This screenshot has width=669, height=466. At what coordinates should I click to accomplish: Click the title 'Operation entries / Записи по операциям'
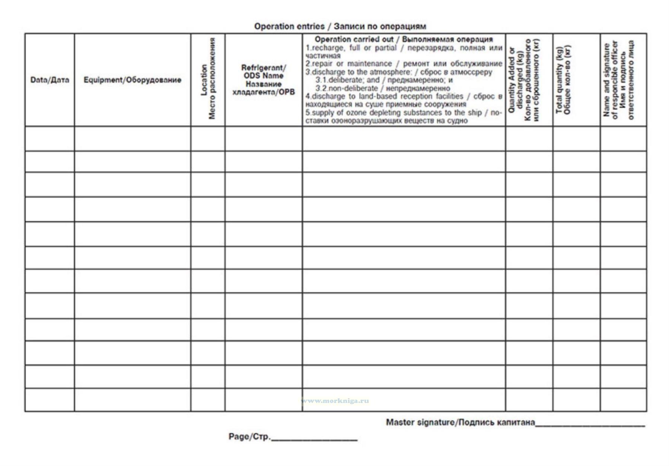tap(340, 26)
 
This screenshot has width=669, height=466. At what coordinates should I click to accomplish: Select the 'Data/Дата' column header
tap(50, 80)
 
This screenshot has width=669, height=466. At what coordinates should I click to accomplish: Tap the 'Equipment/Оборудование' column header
tap(132, 80)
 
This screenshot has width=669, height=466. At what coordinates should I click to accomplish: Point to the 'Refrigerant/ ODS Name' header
tap(264, 72)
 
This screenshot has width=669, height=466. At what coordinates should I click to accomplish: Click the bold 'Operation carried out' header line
tap(404, 39)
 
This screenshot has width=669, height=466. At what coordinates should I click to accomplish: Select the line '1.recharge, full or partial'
tap(404, 48)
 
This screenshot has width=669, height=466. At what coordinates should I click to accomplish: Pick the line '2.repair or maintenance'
tap(404, 64)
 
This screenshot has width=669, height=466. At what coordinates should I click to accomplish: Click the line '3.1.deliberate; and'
tap(384, 80)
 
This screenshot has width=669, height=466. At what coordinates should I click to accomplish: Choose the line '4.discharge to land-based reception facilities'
tap(404, 97)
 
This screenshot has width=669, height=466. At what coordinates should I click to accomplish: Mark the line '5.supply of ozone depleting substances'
tap(404, 113)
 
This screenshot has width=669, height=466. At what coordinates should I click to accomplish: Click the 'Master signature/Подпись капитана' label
tap(460, 422)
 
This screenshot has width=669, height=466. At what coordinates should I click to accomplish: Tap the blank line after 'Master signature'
tap(590, 424)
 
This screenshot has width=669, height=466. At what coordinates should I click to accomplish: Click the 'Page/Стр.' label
tap(249, 437)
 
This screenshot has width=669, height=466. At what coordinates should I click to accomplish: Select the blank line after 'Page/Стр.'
tap(314, 439)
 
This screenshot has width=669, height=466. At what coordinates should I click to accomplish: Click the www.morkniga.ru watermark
tap(335, 401)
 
